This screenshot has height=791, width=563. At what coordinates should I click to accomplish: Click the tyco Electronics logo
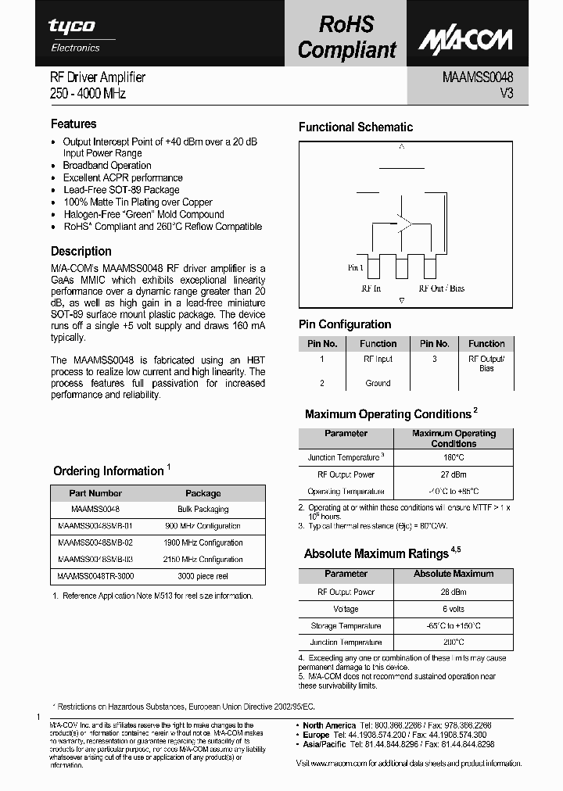(74, 34)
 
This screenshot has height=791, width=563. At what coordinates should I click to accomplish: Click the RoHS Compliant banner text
(346, 38)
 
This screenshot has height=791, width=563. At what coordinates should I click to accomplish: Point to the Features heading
(74, 123)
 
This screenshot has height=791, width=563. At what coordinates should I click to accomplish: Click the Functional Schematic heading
(356, 127)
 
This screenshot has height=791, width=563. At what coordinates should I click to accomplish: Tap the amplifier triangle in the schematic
(403, 224)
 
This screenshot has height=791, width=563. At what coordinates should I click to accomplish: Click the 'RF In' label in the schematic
(371, 288)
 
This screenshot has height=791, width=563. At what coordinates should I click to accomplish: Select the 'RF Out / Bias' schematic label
(441, 288)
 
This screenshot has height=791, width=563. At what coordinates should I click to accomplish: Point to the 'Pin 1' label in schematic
(356, 268)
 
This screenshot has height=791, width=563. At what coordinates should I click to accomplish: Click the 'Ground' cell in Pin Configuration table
(378, 383)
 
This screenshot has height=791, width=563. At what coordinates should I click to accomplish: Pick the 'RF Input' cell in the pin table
(378, 360)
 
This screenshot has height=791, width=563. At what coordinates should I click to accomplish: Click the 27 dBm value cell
(453, 474)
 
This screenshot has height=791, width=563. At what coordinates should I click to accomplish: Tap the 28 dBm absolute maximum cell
(453, 592)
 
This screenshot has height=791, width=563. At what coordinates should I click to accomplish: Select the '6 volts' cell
(453, 609)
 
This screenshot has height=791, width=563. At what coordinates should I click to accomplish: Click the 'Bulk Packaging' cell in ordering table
(203, 509)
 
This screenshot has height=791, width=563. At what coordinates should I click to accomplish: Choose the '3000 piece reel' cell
(203, 576)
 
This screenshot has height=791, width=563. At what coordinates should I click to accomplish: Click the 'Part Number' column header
(95, 493)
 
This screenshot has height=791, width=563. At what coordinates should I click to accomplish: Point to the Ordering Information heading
(108, 471)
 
